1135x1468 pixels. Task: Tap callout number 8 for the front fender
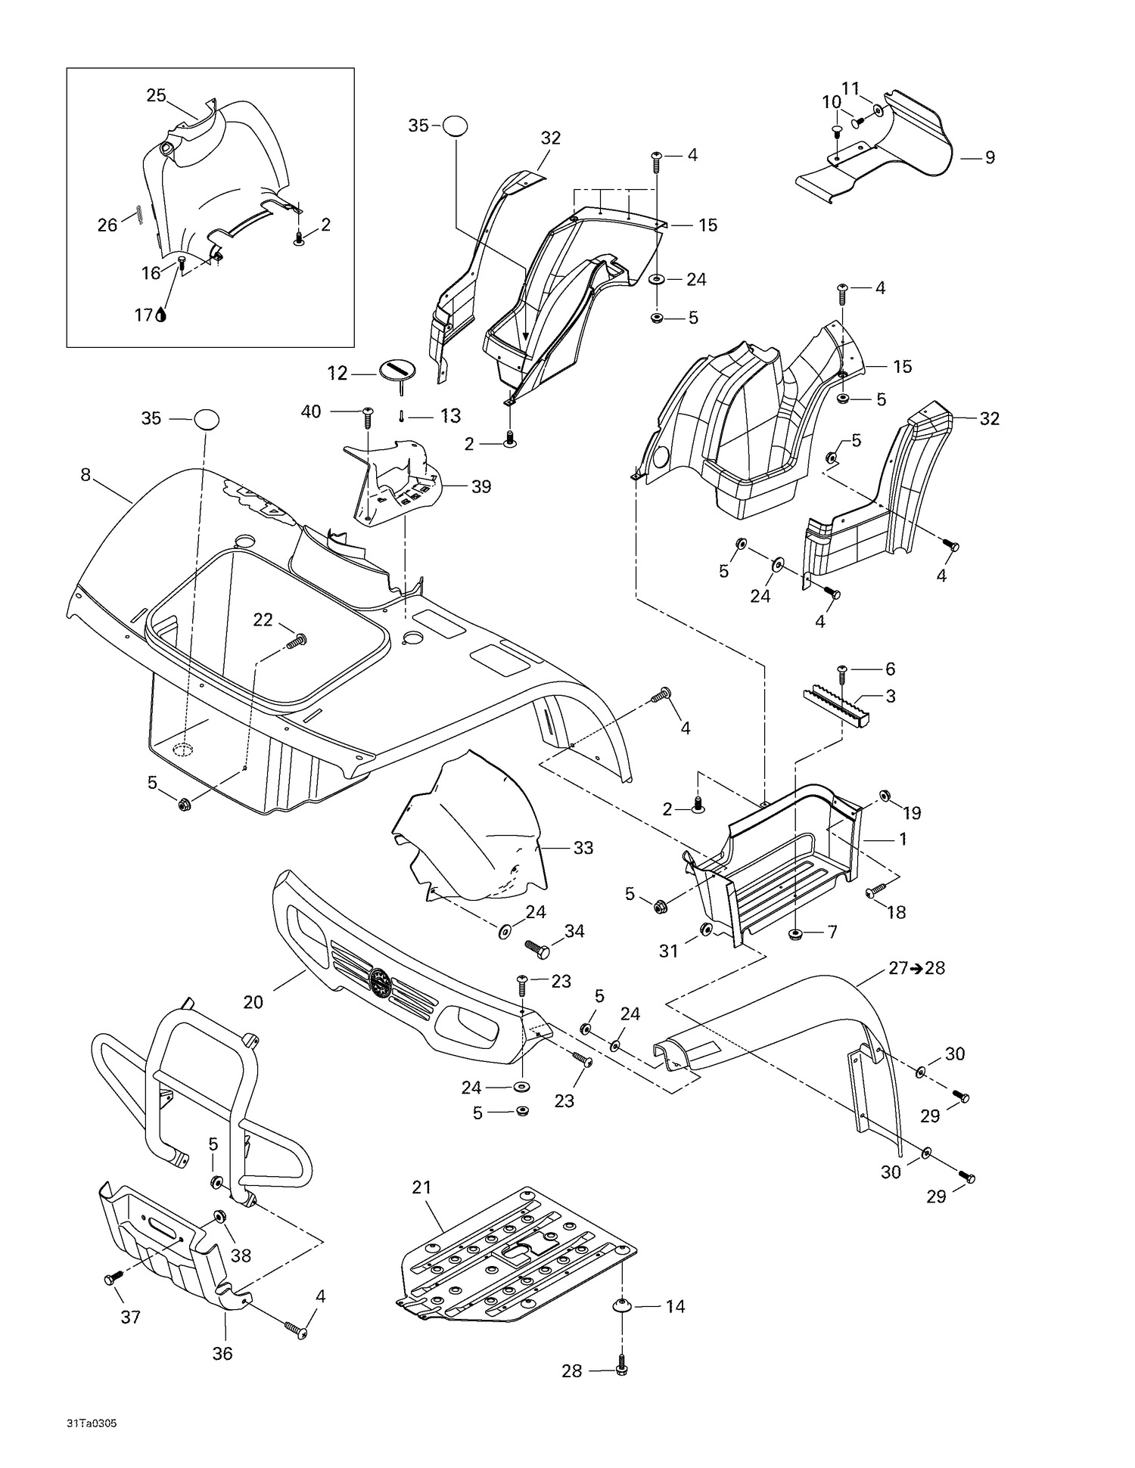[86, 474]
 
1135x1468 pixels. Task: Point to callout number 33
[583, 848]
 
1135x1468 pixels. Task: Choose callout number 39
[481, 486]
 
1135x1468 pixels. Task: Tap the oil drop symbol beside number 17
[161, 315]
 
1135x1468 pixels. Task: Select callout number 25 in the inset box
[156, 95]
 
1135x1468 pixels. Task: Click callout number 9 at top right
[990, 157]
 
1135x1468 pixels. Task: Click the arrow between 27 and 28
[916, 968]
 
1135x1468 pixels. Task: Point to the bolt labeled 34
[537, 948]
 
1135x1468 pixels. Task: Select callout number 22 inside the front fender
[263, 619]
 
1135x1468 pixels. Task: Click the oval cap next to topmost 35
[455, 126]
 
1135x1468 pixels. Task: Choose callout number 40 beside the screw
[311, 411]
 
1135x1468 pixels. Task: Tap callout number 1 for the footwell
[903, 839]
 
